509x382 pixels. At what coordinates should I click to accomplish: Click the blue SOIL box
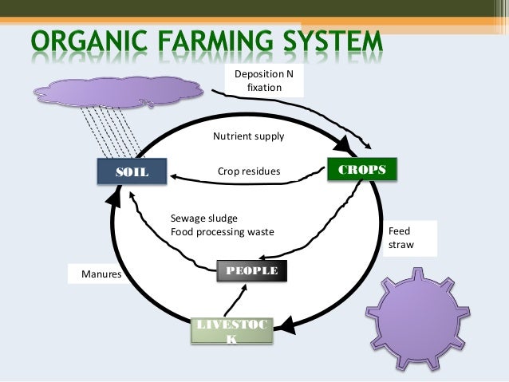[132, 172]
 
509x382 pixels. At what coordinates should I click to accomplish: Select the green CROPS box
[362, 170]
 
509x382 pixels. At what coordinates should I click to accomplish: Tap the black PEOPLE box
[251, 271]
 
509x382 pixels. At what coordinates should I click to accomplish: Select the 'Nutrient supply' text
[248, 136]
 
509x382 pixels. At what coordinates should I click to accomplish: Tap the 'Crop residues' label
[249, 171]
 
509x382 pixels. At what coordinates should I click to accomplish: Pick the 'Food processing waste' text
[223, 232]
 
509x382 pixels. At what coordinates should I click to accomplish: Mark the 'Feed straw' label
[400, 238]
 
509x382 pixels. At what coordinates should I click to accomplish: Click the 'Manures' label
[101, 274]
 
